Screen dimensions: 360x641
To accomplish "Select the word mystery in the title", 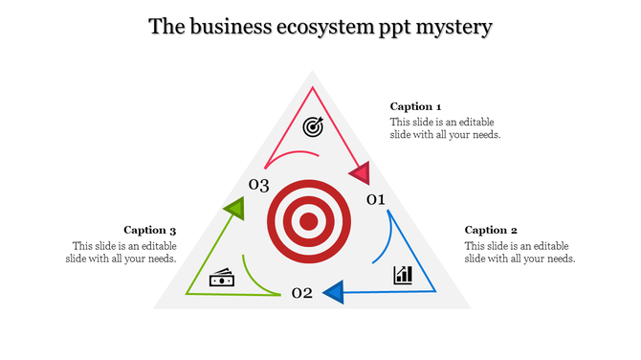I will tap(456, 28).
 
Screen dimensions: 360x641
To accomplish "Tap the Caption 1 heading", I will tap(416, 106).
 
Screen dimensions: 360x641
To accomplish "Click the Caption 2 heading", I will tap(491, 230).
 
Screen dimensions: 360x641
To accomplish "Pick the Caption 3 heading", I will tap(150, 230).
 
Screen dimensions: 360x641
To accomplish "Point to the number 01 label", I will tap(375, 199).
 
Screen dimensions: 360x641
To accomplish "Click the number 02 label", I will tap(301, 292).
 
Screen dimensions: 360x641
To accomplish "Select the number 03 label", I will tap(258, 185).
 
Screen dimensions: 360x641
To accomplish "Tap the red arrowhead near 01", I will tap(359, 174).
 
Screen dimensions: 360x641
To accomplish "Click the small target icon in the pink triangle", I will tap(313, 126).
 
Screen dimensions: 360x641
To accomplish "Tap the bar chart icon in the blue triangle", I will tap(403, 276).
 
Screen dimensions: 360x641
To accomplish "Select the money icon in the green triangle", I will tap(222, 280).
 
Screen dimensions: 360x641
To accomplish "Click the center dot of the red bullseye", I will tap(308, 222).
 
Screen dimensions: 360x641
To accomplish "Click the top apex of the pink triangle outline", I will tap(313, 88).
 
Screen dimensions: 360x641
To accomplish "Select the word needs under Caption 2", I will tap(558, 259).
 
